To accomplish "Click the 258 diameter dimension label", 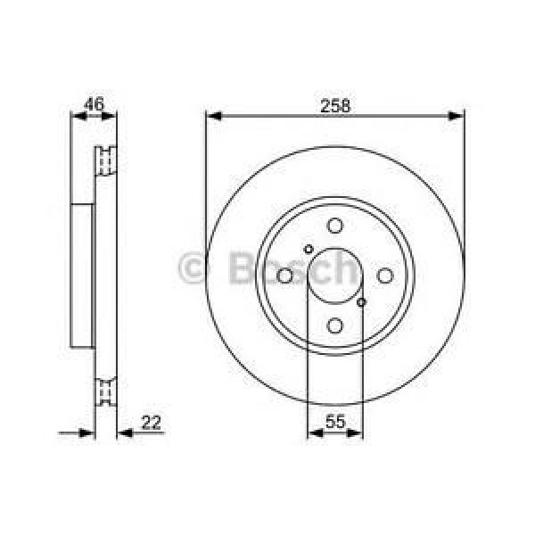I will coord(334,104).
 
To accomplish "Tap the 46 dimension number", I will coord(94,104).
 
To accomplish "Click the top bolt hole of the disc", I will coord(334,226).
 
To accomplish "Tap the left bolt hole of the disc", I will coord(285,276).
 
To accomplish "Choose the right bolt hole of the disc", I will coord(384,276).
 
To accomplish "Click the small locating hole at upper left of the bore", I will coord(309,249).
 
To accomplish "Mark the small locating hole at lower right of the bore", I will coord(361,302).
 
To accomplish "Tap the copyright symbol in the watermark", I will coord(193,267).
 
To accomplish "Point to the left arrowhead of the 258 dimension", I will coord(212,115).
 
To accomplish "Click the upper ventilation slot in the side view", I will coord(107,160).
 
